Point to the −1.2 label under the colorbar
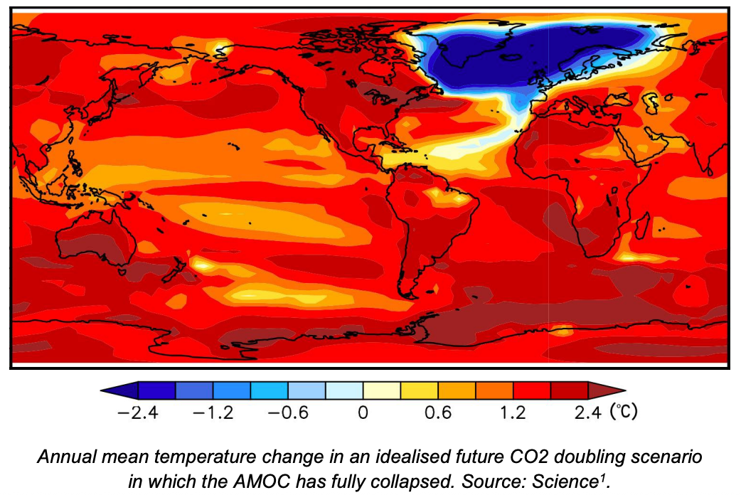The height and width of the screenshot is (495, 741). (x=213, y=413)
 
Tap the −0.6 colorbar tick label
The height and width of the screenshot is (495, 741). (x=287, y=413)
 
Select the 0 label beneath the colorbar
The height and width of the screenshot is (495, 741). (x=363, y=413)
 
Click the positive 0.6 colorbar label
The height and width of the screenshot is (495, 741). (x=438, y=413)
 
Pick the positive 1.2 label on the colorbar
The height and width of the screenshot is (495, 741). (x=513, y=413)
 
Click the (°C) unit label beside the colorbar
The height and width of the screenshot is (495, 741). (x=624, y=412)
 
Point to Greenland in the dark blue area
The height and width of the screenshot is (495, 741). (x=469, y=50)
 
